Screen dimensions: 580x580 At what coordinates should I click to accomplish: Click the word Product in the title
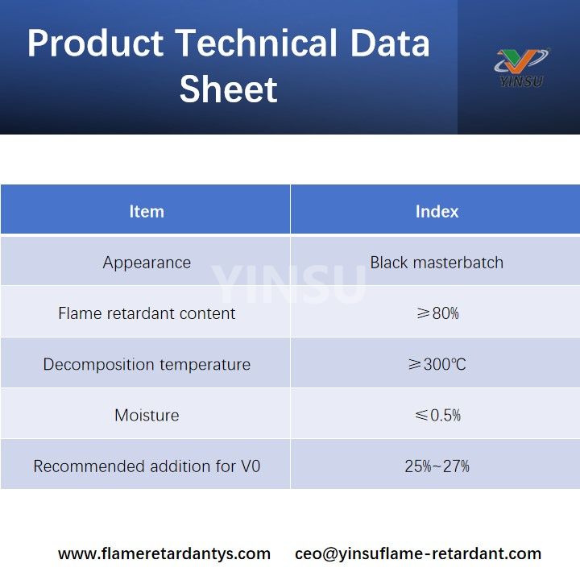(x=95, y=43)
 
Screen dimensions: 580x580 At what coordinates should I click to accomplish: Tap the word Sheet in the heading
(x=228, y=89)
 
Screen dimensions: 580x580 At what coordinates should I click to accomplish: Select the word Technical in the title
(x=255, y=43)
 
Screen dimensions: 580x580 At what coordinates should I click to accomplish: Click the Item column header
(x=146, y=211)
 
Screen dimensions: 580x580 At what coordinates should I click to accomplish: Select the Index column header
(x=437, y=211)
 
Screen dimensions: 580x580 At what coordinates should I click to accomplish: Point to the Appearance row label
(x=147, y=263)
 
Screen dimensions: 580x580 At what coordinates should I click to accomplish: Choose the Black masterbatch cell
(x=437, y=263)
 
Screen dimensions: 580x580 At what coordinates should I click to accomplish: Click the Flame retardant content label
(x=147, y=313)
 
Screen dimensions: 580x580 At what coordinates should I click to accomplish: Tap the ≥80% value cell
(x=437, y=313)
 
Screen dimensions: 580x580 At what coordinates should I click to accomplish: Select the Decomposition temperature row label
(x=147, y=364)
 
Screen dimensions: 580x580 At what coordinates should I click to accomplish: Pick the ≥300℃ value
(x=437, y=364)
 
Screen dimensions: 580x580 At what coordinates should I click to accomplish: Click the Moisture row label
(x=147, y=416)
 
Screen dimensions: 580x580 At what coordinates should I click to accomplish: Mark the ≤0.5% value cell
(x=437, y=416)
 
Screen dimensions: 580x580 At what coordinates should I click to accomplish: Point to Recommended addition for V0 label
(x=147, y=466)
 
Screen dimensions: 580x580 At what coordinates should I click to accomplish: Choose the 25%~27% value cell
(x=437, y=466)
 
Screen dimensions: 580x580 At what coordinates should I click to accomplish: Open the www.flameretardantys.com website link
(x=164, y=553)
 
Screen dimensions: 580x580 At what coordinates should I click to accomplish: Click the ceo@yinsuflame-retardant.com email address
(x=418, y=553)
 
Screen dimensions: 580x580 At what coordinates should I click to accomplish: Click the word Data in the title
(x=386, y=43)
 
